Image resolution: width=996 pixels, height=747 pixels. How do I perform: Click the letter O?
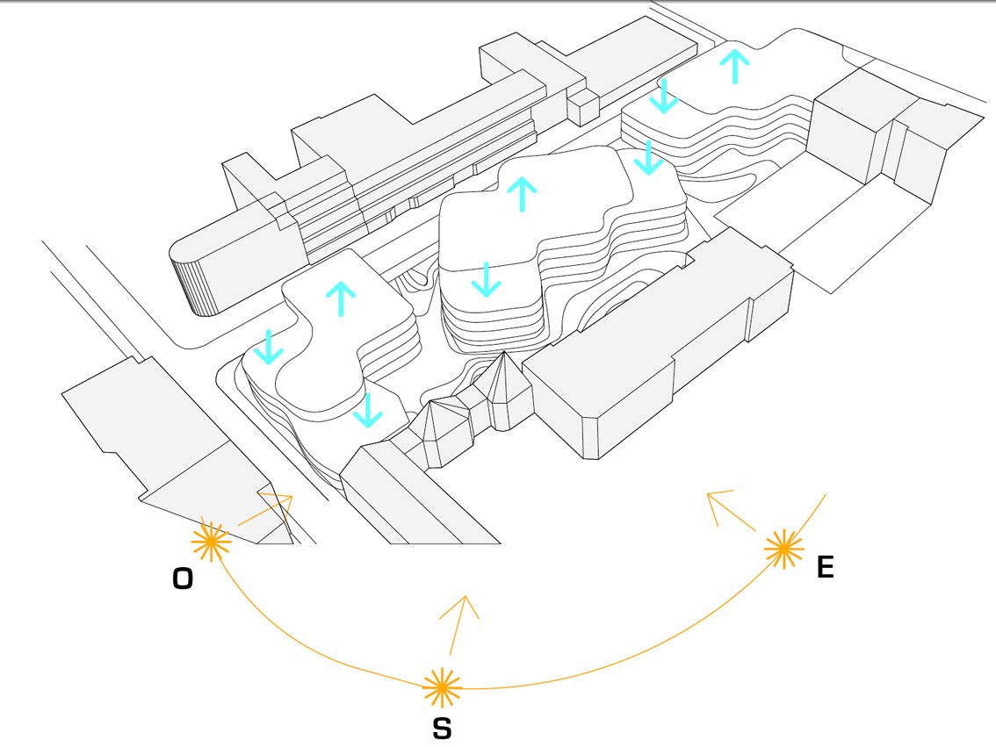183,578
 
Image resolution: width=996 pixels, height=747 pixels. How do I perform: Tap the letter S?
442,728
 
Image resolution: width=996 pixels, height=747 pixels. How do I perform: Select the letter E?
825,567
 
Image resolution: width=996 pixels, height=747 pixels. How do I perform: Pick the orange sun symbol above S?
442,687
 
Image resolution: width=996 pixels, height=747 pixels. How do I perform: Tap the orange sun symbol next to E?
783,549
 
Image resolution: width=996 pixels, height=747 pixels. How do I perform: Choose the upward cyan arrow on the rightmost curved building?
734,66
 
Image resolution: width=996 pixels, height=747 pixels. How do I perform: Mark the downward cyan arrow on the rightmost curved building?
664,96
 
